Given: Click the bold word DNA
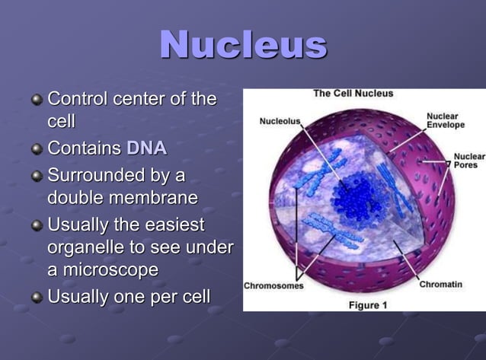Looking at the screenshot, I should [146, 148].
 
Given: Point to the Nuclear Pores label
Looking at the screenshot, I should [468, 161].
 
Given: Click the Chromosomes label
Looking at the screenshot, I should [273, 286].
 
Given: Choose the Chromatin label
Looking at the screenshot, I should [440, 284].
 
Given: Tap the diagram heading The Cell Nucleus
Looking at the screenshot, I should [353, 94].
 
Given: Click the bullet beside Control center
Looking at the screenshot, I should [37, 100].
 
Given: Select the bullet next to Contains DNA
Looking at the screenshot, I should [37, 148].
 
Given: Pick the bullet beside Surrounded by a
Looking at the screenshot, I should [37, 177].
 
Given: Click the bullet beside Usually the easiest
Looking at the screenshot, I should [37, 226].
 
